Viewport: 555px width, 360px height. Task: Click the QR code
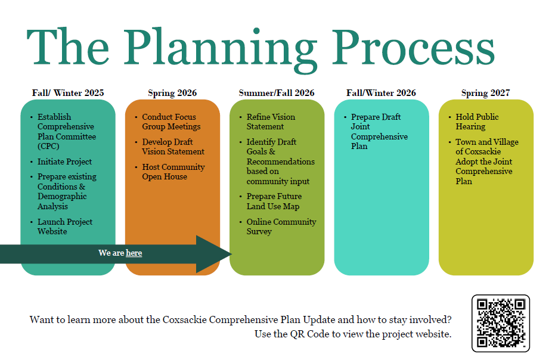[501, 323]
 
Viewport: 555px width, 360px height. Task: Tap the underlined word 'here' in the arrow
[134, 253]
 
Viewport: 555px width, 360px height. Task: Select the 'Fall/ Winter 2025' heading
[68, 93]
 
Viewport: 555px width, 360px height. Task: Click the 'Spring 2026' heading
[172, 93]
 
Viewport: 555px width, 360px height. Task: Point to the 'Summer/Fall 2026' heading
[277, 93]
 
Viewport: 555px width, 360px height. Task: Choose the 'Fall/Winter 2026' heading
[381, 93]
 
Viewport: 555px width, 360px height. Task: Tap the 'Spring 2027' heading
[486, 93]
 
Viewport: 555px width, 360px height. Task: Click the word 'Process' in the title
[413, 48]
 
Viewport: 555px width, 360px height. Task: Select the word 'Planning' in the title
[219, 50]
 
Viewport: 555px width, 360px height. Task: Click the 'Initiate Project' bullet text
[65, 162]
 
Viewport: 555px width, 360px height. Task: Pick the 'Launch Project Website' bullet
[65, 226]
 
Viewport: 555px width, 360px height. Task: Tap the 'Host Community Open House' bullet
[173, 172]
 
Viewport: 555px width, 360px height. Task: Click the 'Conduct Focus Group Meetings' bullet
[171, 122]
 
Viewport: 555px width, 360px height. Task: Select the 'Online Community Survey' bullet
[281, 226]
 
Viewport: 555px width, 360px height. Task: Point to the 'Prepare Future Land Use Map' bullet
[274, 201]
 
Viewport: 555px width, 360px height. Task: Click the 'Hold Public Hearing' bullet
[477, 122]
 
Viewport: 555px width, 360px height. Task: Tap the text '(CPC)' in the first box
[48, 146]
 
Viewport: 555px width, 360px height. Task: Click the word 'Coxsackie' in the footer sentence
[184, 319]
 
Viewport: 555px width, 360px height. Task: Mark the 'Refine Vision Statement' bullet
[271, 122]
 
